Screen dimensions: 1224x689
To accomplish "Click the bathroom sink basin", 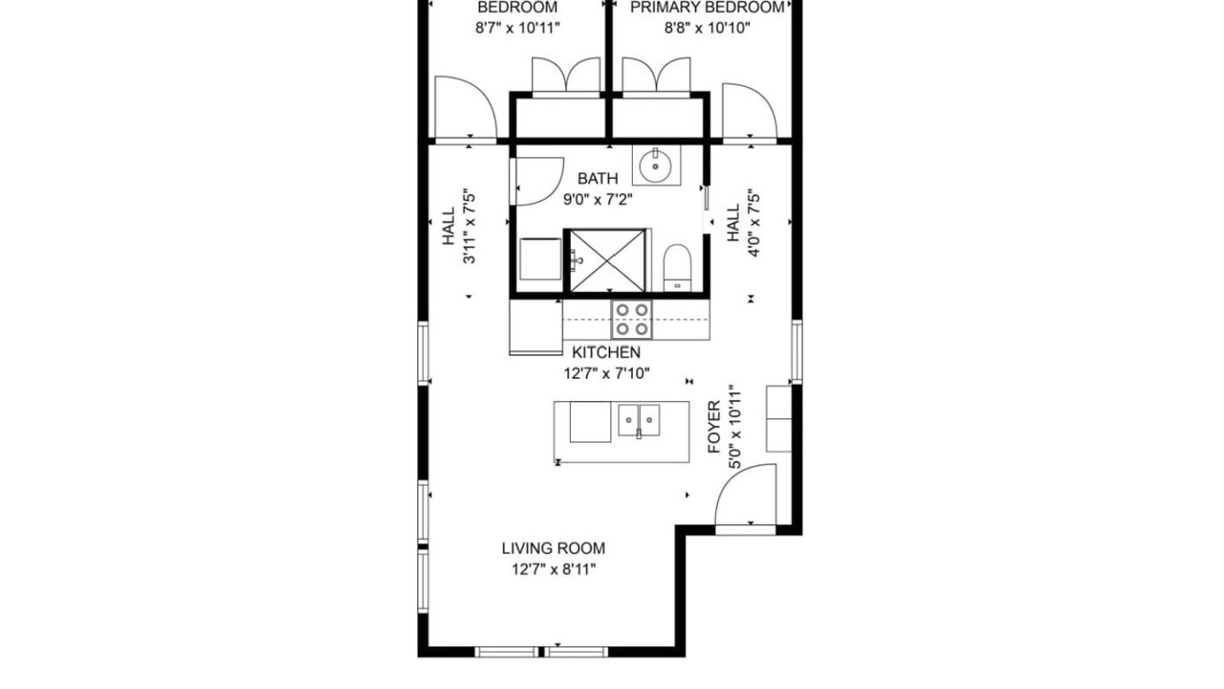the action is coord(655,165).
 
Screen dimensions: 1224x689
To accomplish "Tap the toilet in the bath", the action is coord(677,268).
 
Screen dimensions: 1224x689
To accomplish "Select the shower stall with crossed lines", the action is coord(607,260).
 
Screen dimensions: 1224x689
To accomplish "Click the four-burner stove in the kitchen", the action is coord(632,320).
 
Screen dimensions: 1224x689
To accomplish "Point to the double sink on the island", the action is coord(639,420).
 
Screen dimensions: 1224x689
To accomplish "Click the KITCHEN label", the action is coord(606,352).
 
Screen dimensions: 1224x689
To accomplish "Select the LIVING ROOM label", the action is coord(554,548).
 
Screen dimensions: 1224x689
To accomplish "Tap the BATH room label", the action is coord(598,178).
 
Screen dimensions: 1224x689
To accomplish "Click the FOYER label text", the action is coord(714,427).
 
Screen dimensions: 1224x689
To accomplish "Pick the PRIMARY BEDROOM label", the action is coord(707,7).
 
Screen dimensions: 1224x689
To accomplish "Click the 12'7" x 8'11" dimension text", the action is coord(554,569).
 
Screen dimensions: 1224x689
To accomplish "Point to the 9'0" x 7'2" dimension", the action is coord(598,200).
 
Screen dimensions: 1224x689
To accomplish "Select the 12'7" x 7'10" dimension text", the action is coord(606,373).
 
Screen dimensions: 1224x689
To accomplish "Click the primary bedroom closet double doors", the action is coord(656,77).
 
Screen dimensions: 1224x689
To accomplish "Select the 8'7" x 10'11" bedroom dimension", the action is coord(517,28).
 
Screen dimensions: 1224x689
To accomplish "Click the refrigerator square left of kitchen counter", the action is coord(536,327).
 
